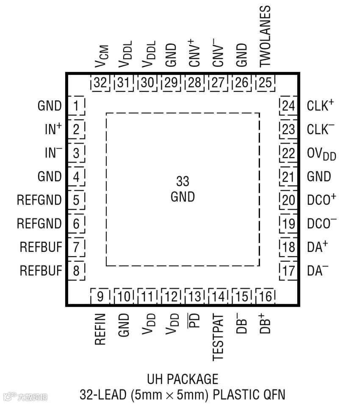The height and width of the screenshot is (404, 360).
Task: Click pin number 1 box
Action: click(76, 105)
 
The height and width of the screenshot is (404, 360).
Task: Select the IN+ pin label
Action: click(53, 129)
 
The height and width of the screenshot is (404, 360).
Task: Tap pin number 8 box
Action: click(76, 271)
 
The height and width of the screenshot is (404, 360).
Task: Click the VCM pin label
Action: click(102, 56)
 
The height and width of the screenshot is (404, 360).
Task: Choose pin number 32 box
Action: click(100, 83)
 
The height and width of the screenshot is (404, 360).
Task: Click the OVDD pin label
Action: click(321, 154)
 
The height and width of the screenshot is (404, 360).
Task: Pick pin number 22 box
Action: click(288, 153)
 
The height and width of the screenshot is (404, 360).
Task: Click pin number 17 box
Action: click(288, 271)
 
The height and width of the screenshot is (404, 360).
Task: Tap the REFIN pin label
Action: click(100, 329)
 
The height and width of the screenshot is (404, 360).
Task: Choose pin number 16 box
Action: click(265, 297)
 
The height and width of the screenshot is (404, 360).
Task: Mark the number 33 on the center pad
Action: click(183, 182)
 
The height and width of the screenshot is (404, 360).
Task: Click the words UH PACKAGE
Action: click(183, 379)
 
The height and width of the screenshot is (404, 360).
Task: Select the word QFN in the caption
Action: click(274, 395)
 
